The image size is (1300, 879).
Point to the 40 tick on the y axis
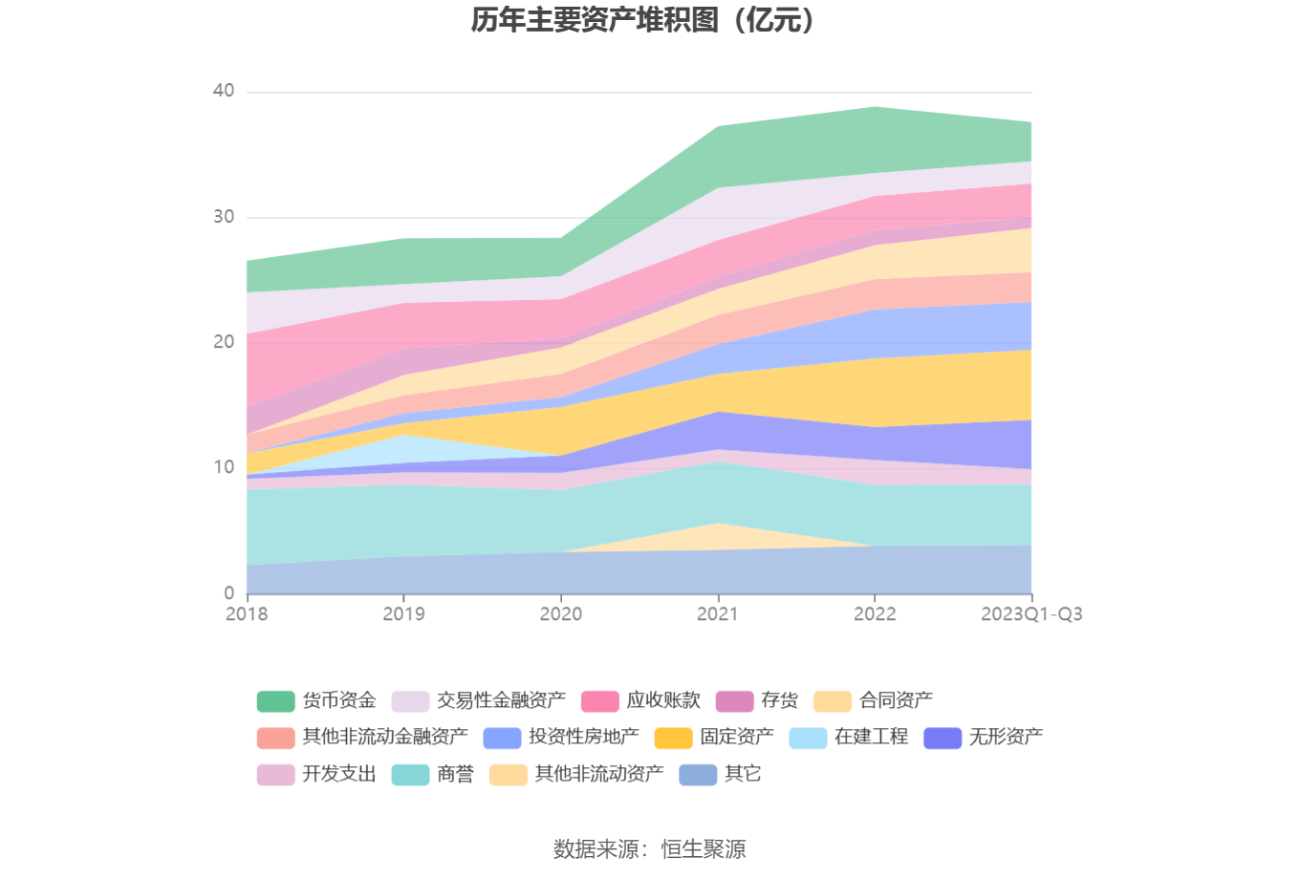point(224,91)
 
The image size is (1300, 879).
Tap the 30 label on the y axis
point(224,217)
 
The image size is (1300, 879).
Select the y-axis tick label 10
point(224,467)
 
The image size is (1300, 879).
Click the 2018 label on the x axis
point(247,614)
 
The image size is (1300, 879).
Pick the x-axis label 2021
point(718,614)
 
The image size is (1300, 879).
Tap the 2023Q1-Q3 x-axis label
point(1031,614)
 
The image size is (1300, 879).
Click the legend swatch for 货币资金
point(275,701)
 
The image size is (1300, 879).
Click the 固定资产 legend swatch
point(673,738)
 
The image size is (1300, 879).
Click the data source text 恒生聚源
point(704,849)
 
